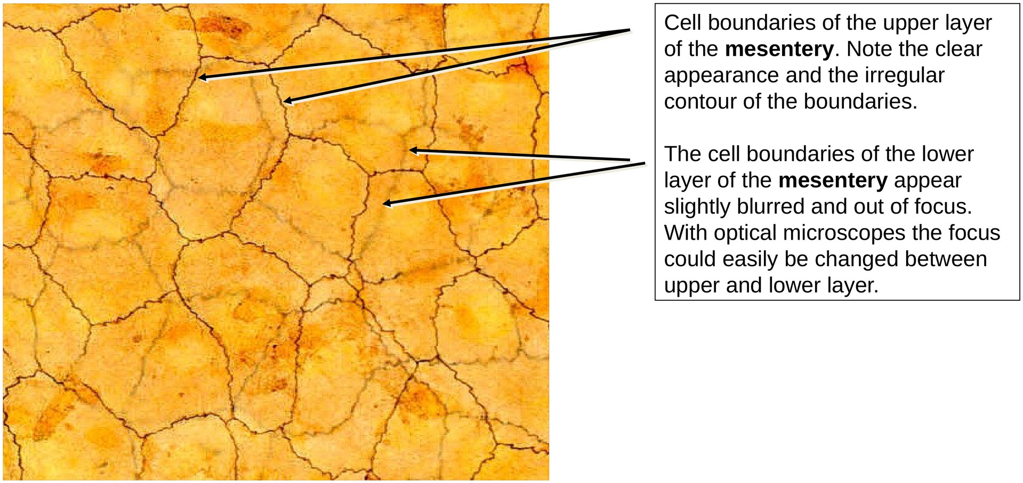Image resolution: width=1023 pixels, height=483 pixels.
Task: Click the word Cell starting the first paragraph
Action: tap(682, 23)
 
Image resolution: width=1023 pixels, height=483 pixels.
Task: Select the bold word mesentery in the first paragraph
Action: tap(779, 49)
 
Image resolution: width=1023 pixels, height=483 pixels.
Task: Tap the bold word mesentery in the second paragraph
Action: tap(833, 181)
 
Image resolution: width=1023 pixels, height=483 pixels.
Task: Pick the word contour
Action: tap(699, 101)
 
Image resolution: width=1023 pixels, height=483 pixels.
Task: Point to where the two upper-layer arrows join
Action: tap(629, 30)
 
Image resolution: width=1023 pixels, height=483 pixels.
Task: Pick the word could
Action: tap(690, 259)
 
